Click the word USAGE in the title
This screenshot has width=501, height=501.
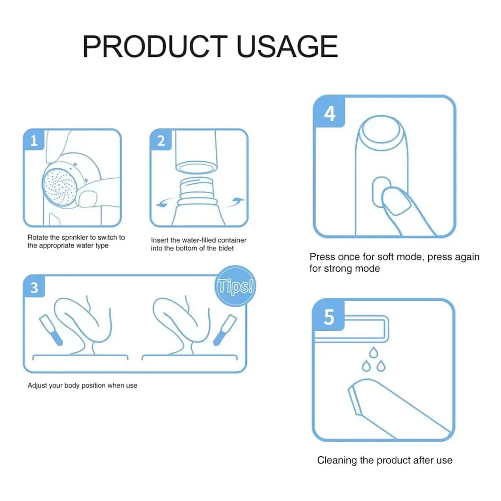point(287,47)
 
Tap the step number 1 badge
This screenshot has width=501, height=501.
point(34,140)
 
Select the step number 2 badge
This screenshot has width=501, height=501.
point(161,140)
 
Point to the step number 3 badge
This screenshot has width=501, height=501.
point(34,287)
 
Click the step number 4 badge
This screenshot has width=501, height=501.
point(329,113)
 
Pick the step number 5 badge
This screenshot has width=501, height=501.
point(329,317)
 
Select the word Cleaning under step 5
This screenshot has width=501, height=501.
point(337,460)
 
